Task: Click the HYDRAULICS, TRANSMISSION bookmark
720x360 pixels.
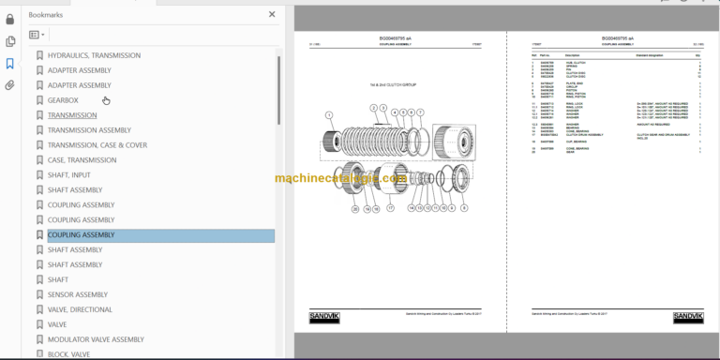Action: pos(94,55)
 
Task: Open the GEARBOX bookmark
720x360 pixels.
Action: pos(63,100)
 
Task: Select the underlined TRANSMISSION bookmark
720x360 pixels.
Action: pos(72,115)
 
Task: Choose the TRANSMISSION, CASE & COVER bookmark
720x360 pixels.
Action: pos(97,145)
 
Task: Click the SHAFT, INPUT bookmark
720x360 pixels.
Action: pos(69,175)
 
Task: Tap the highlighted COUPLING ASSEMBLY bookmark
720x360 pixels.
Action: pos(81,235)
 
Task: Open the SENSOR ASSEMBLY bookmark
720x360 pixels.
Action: pos(78,294)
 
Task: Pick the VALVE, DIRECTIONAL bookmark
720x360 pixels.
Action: pos(80,309)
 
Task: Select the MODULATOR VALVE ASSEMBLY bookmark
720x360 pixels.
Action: pos(96,339)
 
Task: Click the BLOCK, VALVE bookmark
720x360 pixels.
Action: pos(68,353)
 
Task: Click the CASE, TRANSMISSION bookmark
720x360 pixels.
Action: pos(82,160)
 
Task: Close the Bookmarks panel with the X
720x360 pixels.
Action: pos(272,15)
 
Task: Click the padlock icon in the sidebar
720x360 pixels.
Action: pos(10,19)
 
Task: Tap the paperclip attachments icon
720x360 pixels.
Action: pos(10,85)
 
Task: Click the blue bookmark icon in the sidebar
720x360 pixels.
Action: pos(10,63)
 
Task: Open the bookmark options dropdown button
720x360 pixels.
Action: pos(37,35)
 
